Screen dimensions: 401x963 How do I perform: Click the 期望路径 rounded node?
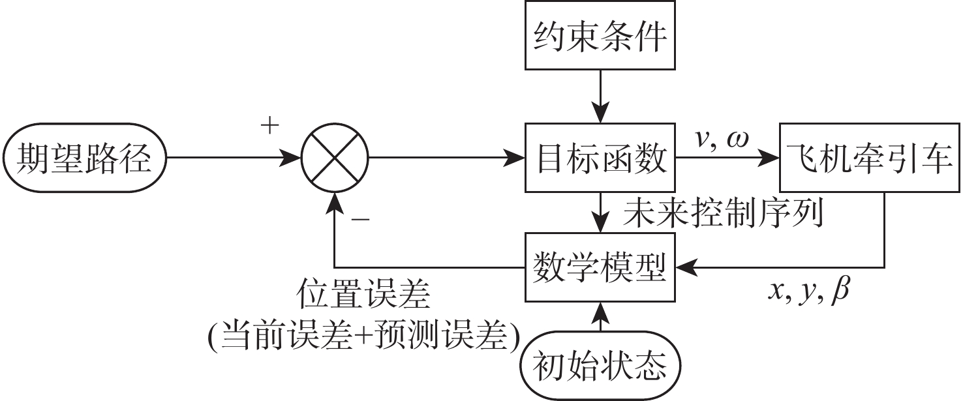pyautogui.click(x=85, y=158)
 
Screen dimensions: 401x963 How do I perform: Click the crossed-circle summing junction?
pyautogui.click(x=335, y=158)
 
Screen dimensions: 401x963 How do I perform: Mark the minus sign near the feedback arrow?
pyautogui.click(x=360, y=220)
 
